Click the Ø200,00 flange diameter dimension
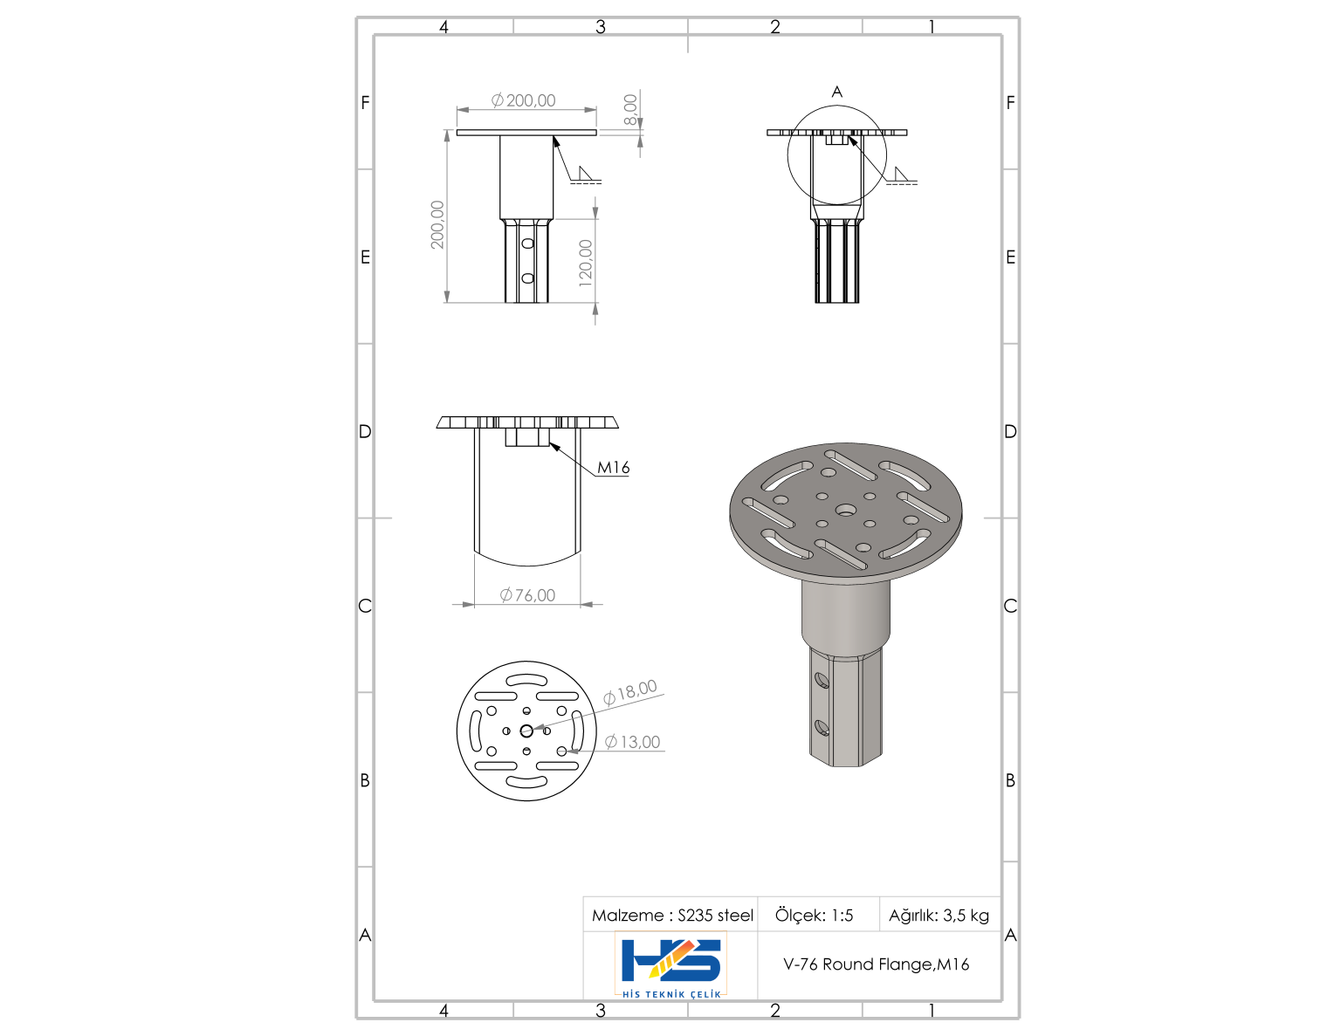point(523,99)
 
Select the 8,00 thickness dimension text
point(630,110)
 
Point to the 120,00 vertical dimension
point(586,264)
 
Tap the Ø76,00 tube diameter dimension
point(527,595)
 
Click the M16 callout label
point(614,468)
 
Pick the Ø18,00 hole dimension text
point(630,692)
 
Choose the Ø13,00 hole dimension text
point(633,742)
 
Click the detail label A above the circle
point(836,92)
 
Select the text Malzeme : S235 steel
point(672,916)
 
